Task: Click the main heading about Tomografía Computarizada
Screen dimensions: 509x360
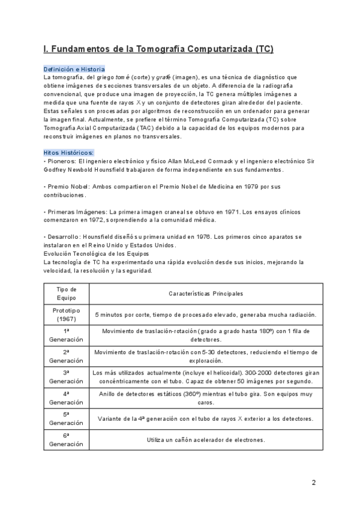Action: (158, 49)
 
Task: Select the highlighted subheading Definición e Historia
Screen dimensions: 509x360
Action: (74, 69)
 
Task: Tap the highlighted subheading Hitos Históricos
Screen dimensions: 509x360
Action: (68, 152)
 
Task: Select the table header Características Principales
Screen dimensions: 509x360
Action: (206, 294)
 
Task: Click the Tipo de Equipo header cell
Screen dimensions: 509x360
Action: (66, 294)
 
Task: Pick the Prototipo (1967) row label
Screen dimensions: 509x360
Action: (66, 315)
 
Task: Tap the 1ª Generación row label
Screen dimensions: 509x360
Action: (66, 335)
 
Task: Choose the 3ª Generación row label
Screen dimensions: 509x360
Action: (66, 376)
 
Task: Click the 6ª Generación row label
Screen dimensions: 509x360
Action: (66, 439)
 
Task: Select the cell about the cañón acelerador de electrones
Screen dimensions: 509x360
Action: (206, 439)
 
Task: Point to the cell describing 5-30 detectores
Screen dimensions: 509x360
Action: (206, 356)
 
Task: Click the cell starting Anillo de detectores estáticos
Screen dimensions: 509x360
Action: (206, 397)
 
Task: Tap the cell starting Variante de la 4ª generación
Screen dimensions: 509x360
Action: (206, 418)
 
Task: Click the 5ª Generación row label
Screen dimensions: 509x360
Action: (66, 418)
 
